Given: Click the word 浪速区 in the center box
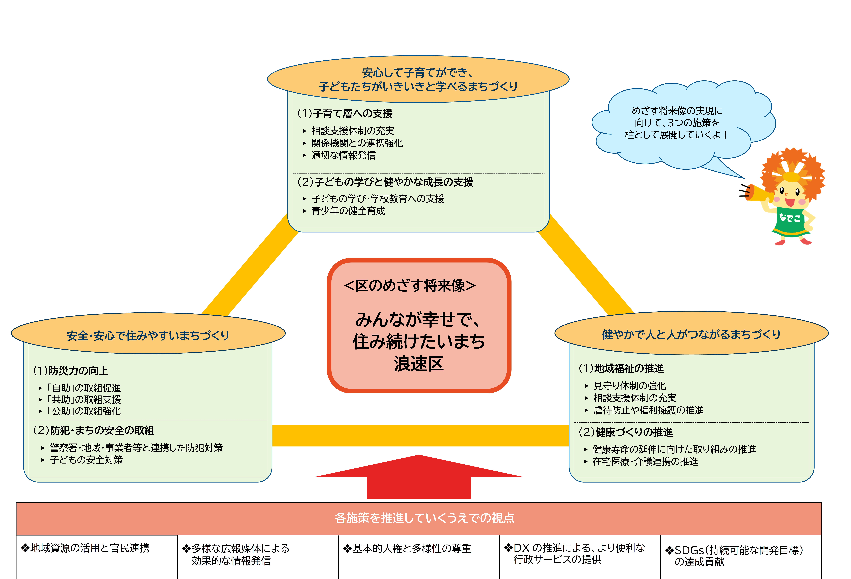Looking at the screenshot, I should pyautogui.click(x=419, y=364).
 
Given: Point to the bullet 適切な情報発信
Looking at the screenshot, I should pyautogui.click(x=343, y=155).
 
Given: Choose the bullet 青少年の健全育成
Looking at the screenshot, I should pyautogui.click(x=348, y=211).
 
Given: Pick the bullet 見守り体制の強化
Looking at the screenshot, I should pyautogui.click(x=629, y=386).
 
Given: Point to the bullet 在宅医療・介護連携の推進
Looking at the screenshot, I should pyautogui.click(x=645, y=461).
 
